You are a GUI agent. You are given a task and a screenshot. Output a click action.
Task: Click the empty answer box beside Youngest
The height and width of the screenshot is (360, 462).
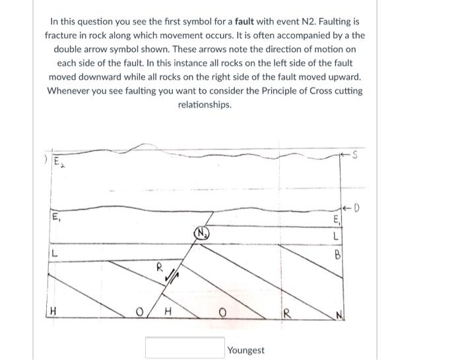pyautogui.click(x=184, y=347)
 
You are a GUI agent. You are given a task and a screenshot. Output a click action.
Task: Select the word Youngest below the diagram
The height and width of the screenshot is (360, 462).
pyautogui.click(x=246, y=350)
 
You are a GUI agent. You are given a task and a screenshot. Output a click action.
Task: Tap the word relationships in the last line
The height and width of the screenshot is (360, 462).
pyautogui.click(x=205, y=105)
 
